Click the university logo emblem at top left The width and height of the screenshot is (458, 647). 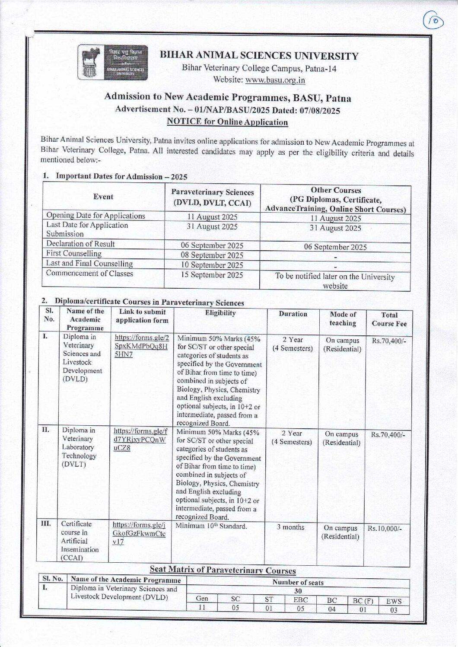click(x=112, y=62)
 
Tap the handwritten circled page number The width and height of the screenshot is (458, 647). click(x=433, y=21)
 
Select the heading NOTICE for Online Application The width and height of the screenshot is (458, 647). click(x=227, y=122)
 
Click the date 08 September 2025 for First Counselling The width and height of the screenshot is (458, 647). click(x=212, y=255)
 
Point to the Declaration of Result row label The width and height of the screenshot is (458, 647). click(x=80, y=244)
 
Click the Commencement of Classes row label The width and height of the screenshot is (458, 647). click(x=89, y=274)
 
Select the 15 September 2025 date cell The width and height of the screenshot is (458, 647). click(x=212, y=275)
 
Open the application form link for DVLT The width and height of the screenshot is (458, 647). click(x=140, y=440)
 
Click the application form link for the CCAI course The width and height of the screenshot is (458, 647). click(x=139, y=533)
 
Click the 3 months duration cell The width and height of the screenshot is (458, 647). click(x=290, y=527)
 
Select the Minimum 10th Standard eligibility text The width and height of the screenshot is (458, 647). click(x=211, y=526)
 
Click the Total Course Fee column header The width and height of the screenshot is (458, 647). click(x=389, y=319)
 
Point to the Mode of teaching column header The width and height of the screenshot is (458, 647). click(x=343, y=319)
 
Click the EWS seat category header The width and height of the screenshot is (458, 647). click(x=394, y=601)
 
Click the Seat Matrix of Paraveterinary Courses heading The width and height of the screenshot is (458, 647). click(x=223, y=570)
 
